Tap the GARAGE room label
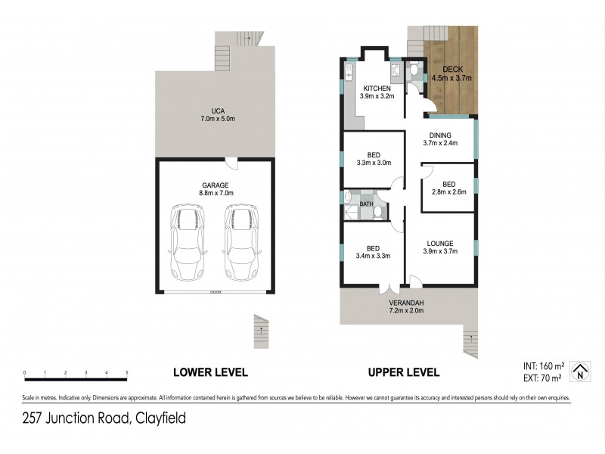215,185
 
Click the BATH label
366,204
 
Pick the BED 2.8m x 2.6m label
448,188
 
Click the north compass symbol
579,368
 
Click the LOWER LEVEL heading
210,372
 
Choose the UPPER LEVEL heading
403,372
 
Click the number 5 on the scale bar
127,373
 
